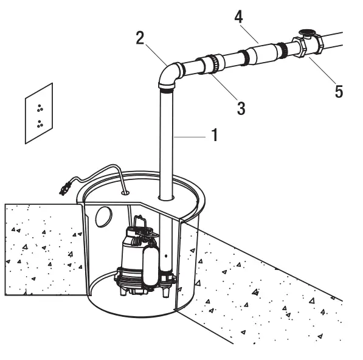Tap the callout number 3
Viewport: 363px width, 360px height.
(x=241, y=108)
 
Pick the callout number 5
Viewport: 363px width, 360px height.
(x=339, y=92)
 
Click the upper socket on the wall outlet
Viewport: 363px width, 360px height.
(x=40, y=108)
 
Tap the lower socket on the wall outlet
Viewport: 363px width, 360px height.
(x=40, y=124)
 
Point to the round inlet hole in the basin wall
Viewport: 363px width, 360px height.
(x=103, y=216)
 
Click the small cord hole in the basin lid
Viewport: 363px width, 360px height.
(x=125, y=192)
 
